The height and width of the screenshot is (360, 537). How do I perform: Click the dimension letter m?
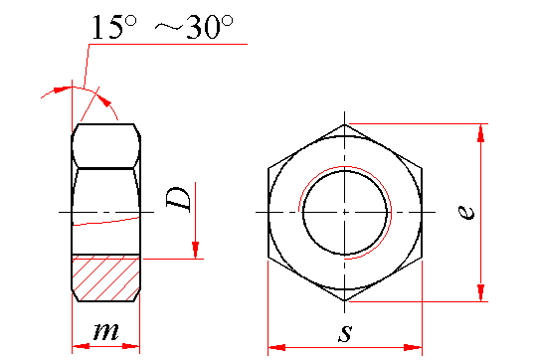pos(106,331)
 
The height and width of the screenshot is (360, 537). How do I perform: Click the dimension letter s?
pos(345,333)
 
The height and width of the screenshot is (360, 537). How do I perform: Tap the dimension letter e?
pos(466,212)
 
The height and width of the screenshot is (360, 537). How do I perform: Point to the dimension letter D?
pos(178,198)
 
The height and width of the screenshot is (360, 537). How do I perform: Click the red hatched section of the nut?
pos(105,277)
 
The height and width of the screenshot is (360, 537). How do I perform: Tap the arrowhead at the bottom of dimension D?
pos(195,250)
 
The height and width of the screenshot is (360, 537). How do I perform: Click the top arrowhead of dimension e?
pos(481,133)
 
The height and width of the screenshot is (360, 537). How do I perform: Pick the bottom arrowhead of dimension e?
pos(481,292)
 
